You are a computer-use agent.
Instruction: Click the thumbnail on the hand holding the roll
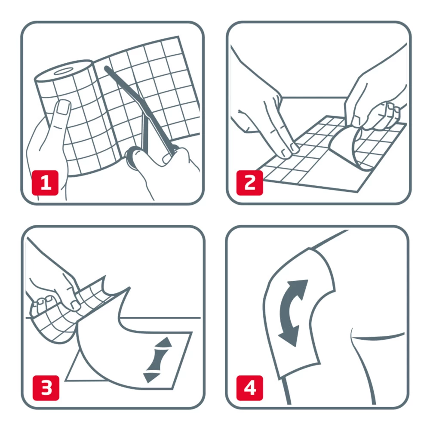[x=63, y=107]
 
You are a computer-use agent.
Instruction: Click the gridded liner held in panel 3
[x=73, y=310]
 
